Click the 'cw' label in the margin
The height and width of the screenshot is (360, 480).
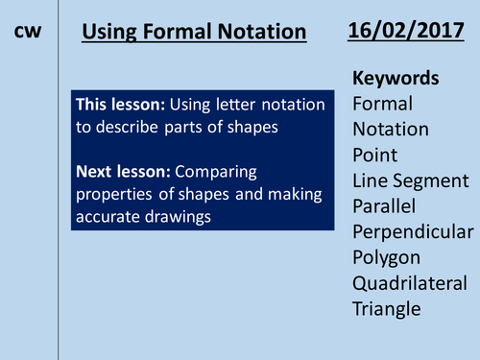28,32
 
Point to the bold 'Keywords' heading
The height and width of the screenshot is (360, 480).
396,78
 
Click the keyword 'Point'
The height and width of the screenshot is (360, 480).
376,155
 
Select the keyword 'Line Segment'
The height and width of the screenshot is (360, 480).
410,180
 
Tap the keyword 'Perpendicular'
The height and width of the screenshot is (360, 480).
413,231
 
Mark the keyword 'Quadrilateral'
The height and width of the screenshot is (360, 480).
412,282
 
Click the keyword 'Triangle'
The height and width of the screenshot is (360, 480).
387,308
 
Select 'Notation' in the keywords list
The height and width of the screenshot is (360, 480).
392,129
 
